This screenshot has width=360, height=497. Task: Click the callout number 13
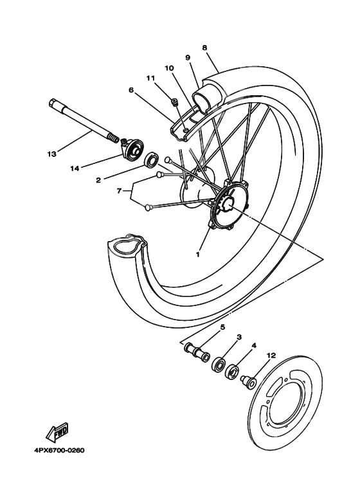(52, 154)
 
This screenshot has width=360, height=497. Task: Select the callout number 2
(98, 181)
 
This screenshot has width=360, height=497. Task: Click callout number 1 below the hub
(199, 254)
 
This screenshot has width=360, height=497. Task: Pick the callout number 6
(130, 90)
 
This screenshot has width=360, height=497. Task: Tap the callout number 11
(151, 78)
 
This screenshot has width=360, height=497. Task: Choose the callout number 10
(169, 68)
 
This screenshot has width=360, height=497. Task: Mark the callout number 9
(188, 57)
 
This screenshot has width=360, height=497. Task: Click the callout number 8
(204, 48)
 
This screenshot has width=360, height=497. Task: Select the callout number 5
(223, 327)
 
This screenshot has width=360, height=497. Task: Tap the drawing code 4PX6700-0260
(55, 450)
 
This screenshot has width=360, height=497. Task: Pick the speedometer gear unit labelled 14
(132, 149)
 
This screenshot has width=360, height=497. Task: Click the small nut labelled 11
(174, 100)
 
